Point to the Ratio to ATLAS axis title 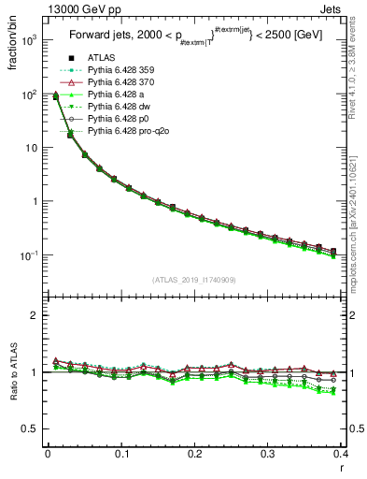pyautogui.click(x=12, y=372)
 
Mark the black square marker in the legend pyautogui.click(x=72, y=59)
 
